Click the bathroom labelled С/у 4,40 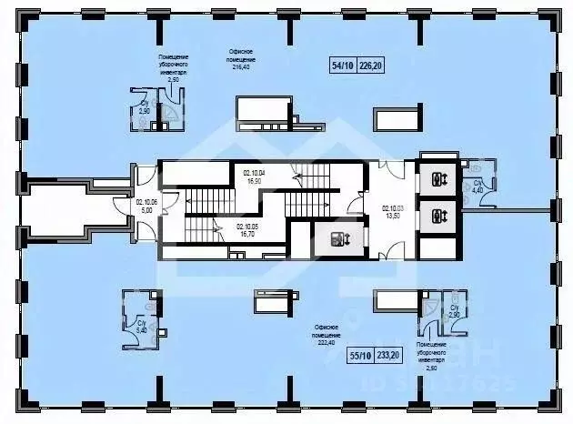click(477, 186)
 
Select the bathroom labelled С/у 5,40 click(140, 324)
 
